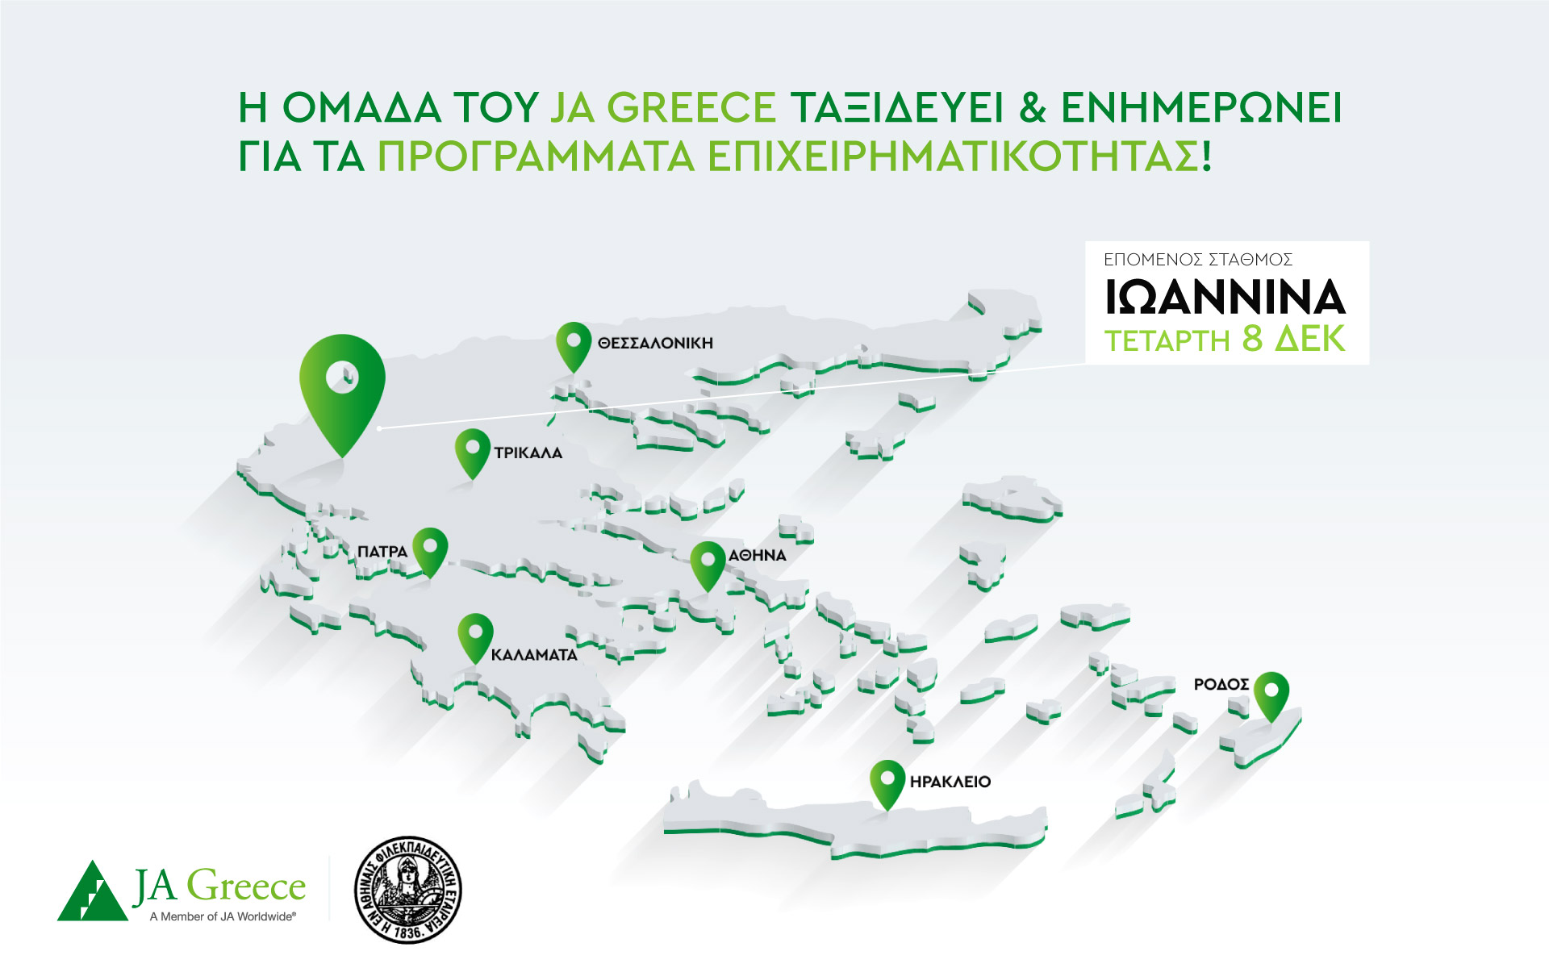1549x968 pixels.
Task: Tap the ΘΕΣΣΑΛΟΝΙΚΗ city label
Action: point(655,344)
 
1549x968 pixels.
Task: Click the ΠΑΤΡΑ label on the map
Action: point(382,552)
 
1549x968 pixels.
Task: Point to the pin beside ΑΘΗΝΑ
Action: point(708,562)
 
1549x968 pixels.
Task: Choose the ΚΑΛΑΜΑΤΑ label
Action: point(534,655)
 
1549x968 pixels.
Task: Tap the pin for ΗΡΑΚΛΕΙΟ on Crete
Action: point(887,781)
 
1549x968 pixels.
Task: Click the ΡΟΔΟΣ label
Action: point(1221,685)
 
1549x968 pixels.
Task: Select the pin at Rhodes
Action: point(1271,693)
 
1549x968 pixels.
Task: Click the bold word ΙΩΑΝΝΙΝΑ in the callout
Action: point(1225,298)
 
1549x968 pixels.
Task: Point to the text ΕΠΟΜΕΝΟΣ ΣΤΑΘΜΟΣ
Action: point(1198,260)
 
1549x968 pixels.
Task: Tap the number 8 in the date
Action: point(1252,340)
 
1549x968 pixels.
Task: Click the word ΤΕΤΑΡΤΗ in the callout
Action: point(1167,341)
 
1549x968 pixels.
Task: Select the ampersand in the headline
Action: point(1033,108)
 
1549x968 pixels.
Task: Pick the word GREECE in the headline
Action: point(691,108)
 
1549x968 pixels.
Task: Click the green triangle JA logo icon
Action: point(92,892)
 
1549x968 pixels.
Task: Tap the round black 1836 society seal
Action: point(408,890)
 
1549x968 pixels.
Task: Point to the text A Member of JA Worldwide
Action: point(223,916)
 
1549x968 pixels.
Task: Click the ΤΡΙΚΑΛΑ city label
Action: point(528,453)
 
